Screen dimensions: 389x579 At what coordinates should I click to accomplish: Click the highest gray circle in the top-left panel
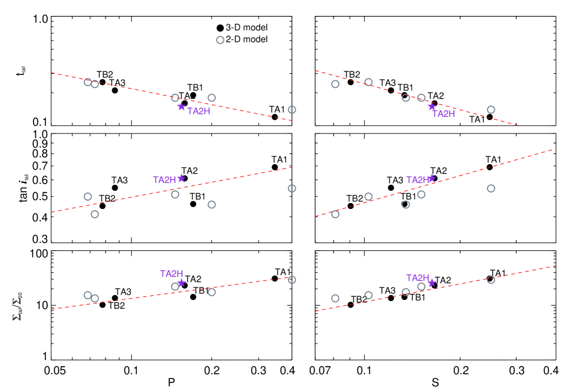(x=220, y=40)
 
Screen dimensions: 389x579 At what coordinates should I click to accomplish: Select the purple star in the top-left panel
(x=181, y=107)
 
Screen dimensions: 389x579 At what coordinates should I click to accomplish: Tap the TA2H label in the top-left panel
(x=199, y=112)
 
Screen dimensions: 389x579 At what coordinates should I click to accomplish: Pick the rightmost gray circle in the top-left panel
(x=292, y=110)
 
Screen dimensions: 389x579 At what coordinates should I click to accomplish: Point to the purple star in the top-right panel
(x=431, y=107)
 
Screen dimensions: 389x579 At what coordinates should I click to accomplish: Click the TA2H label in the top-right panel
(x=443, y=114)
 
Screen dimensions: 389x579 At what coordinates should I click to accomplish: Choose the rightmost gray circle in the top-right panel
(x=490, y=110)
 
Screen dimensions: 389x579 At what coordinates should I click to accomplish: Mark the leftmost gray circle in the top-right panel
(x=335, y=84)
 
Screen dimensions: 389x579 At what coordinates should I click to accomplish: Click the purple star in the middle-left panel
(x=181, y=178)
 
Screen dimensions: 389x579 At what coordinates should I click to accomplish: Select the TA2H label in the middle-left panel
(x=165, y=180)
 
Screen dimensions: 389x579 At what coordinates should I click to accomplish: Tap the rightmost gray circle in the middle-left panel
(x=292, y=188)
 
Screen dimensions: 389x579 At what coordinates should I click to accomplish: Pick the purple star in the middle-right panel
(x=431, y=178)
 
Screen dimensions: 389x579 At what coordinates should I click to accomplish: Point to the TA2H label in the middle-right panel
(x=418, y=180)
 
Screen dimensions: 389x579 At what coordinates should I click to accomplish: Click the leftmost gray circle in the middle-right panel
(x=335, y=214)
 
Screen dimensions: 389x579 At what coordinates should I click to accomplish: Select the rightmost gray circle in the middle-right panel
(x=490, y=188)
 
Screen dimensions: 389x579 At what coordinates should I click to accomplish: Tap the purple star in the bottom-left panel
(x=181, y=283)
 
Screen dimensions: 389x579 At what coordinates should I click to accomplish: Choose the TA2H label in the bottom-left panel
(x=172, y=274)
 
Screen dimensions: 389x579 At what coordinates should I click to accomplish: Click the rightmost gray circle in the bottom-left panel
(x=292, y=280)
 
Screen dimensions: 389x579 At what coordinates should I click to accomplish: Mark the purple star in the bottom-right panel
(x=431, y=283)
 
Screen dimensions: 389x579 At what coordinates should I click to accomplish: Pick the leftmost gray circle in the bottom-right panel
(x=335, y=298)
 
